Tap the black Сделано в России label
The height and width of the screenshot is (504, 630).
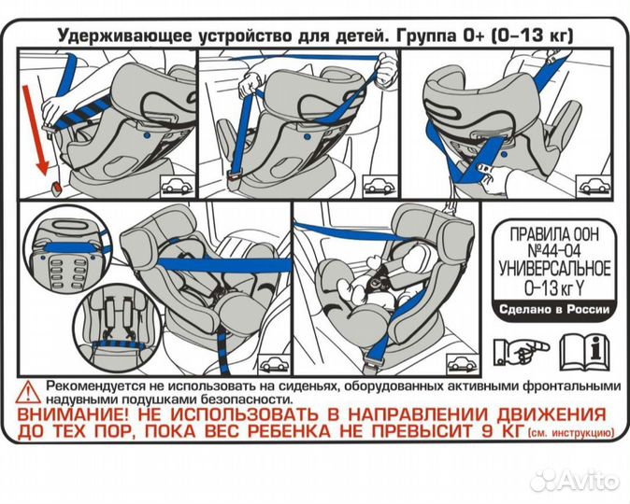click(x=553, y=310)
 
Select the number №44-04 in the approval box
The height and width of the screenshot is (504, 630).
click(x=553, y=250)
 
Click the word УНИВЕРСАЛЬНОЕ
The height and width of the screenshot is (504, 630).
click(x=553, y=269)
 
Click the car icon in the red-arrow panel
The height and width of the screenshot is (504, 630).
click(x=174, y=184)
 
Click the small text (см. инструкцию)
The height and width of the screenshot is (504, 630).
click(x=571, y=434)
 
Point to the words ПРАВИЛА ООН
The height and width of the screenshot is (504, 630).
click(x=553, y=231)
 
